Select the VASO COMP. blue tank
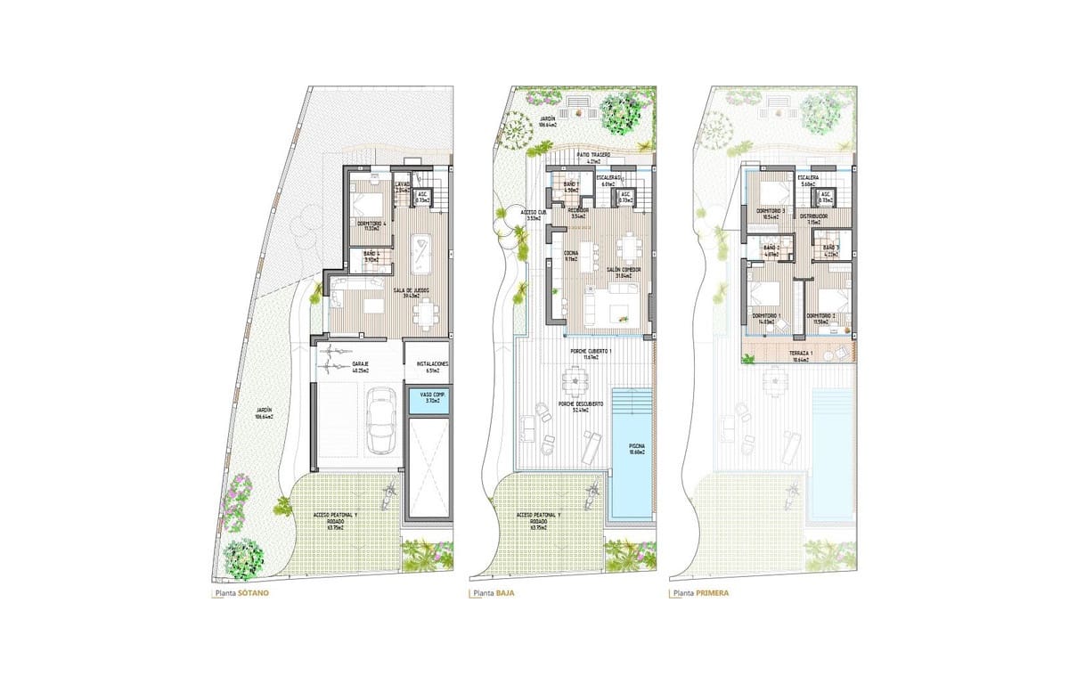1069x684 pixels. [x=426, y=401]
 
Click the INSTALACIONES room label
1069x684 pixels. [x=427, y=366]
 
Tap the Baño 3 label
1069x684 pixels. [x=830, y=249]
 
